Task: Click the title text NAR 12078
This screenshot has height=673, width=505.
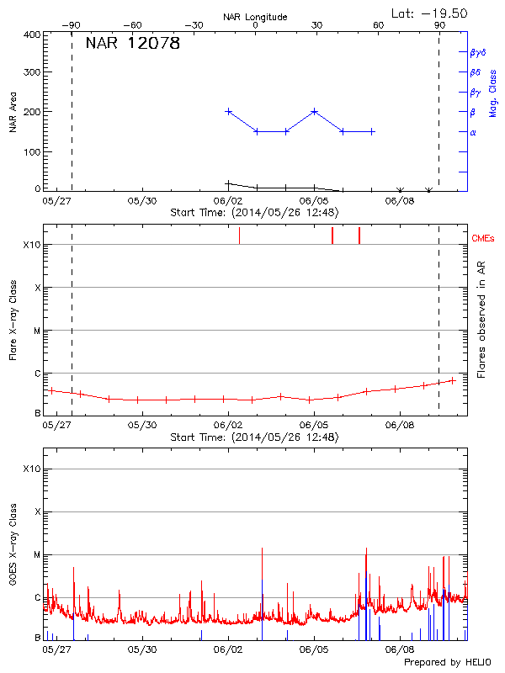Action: (x=133, y=44)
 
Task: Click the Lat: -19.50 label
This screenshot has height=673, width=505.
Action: (x=430, y=13)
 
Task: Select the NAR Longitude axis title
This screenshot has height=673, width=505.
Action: (x=255, y=16)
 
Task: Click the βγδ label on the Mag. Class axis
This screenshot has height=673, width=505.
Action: (x=477, y=52)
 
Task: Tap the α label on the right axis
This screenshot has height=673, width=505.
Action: (x=473, y=132)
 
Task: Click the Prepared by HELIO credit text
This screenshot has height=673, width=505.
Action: (x=446, y=662)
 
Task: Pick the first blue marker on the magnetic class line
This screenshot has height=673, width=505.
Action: (x=228, y=111)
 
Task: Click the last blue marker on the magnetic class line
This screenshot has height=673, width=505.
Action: (x=372, y=131)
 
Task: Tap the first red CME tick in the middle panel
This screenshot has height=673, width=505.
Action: (x=239, y=236)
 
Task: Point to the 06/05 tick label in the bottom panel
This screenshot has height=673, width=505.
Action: (x=313, y=649)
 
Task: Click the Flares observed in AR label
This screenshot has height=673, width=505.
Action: (x=481, y=320)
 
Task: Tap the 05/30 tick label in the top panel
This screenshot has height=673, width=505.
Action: (x=141, y=201)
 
